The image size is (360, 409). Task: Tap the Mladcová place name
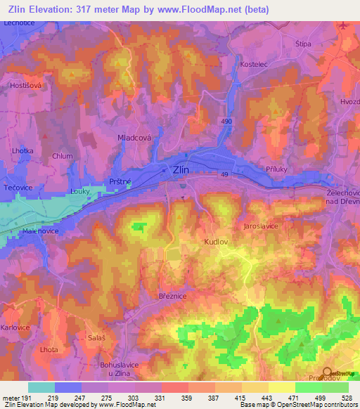point(134,139)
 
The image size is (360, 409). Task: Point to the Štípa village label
point(303,43)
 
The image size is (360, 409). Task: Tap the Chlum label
point(62,157)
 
